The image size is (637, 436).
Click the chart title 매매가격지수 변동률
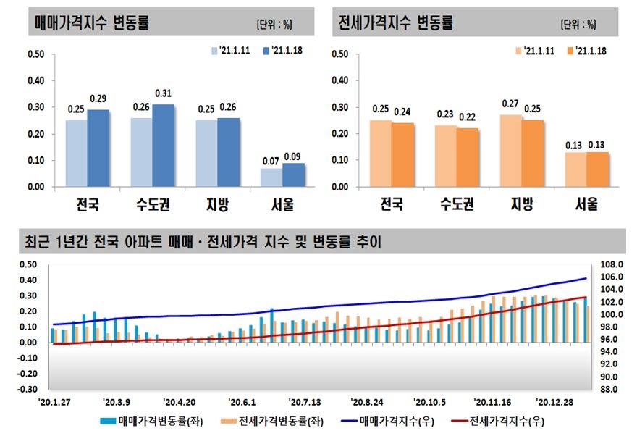92,22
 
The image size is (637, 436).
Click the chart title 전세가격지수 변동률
396,22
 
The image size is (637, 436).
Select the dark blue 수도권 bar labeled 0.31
164,146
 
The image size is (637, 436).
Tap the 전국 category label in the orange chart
392,205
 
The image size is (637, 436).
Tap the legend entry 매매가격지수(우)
389,420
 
